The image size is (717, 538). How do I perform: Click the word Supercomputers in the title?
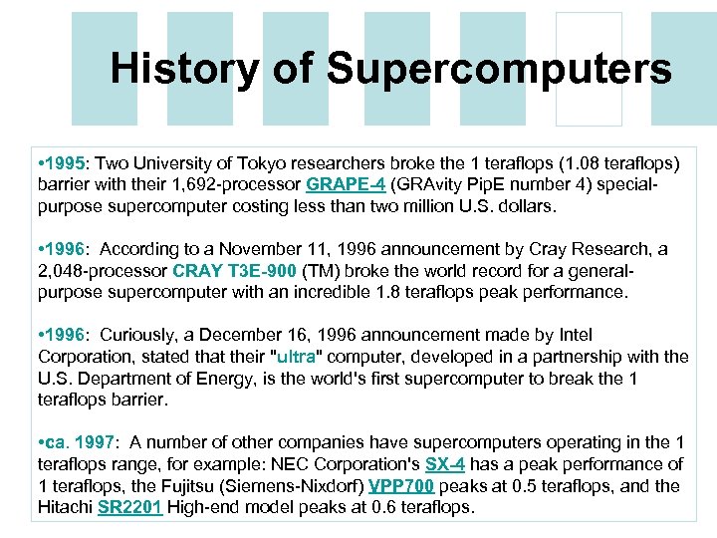pos(498,69)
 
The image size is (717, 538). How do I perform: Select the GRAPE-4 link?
pos(346,184)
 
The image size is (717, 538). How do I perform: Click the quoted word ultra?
pos(296,357)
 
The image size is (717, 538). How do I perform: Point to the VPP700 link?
pos(401,486)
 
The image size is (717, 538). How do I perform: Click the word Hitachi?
pos(66,508)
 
